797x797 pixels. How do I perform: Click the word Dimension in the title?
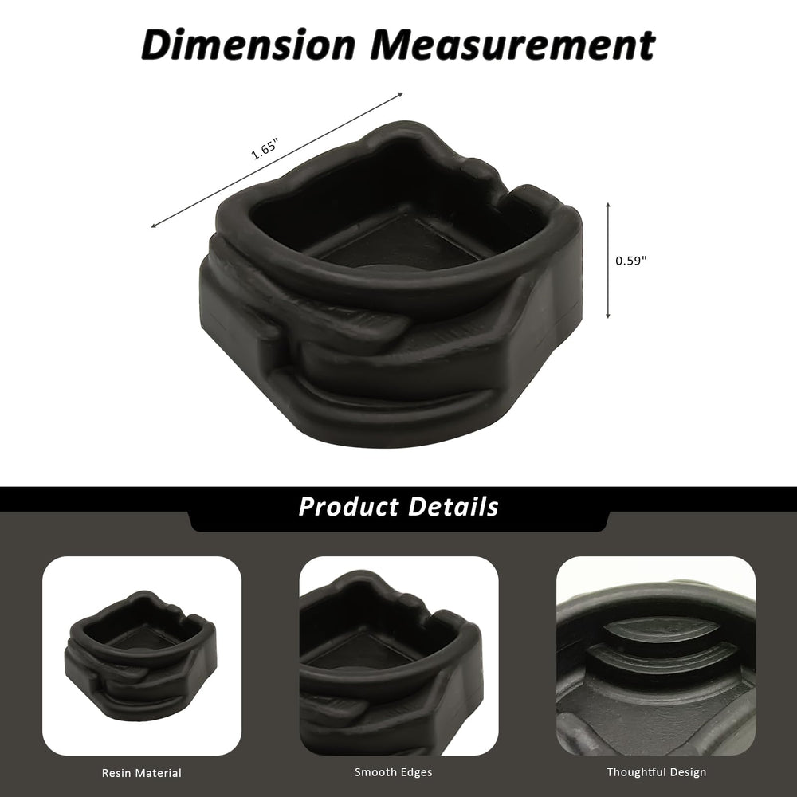point(248,45)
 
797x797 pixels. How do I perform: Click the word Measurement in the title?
point(512,45)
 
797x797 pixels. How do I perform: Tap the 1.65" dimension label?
point(265,148)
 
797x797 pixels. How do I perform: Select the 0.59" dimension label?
point(630,261)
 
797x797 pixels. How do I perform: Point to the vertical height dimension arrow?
point(608,261)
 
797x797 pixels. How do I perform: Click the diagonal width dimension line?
point(277,160)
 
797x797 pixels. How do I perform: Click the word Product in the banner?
point(349,507)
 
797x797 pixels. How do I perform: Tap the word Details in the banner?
point(453,506)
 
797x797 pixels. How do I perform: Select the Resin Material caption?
point(141,773)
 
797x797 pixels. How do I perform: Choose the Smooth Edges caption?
point(394,772)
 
